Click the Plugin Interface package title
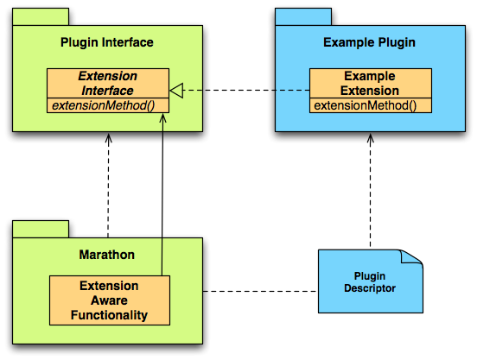(107, 42)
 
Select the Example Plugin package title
(369, 42)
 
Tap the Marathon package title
(107, 255)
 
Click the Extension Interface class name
(108, 83)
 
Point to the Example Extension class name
(370, 83)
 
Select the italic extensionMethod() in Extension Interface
(104, 105)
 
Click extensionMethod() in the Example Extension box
(366, 105)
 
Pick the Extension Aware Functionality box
(110, 300)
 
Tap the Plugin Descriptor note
(370, 281)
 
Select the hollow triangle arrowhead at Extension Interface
(176, 91)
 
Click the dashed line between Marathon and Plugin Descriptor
(260, 291)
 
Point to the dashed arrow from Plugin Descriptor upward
(370, 191)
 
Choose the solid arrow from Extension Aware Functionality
(162, 194)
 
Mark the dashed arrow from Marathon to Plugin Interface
(108, 186)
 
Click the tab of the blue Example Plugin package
(303, 16)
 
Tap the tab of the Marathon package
(41, 229)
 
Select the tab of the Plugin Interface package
(41, 16)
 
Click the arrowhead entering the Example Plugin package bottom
(370, 137)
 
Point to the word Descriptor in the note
(370, 288)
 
